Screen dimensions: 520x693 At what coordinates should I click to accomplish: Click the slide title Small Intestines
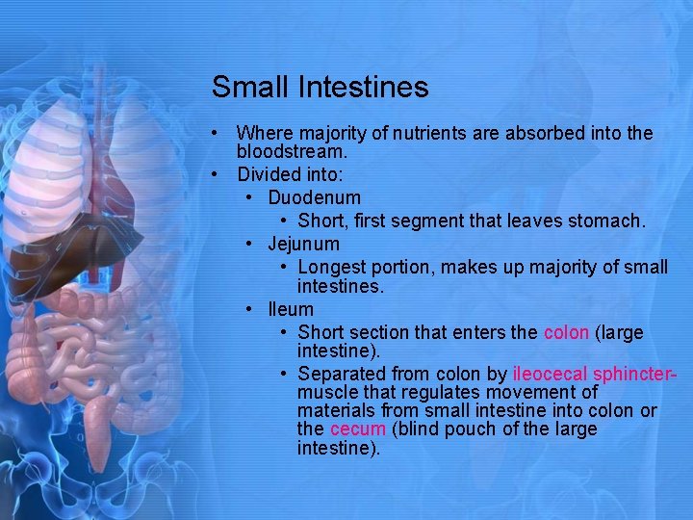320,88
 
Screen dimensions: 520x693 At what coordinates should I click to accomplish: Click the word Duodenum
314,198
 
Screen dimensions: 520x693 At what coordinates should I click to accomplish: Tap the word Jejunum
303,245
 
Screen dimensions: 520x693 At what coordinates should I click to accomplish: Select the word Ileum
291,309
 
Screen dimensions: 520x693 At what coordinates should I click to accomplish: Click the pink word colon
566,332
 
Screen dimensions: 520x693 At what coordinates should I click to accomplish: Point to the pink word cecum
357,429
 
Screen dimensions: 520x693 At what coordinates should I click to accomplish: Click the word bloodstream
291,152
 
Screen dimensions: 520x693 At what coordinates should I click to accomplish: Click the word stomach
610,221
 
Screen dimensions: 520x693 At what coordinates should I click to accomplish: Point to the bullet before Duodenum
249,198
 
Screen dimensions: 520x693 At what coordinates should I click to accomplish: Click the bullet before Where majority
219,133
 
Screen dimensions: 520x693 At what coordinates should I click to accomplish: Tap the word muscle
325,393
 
